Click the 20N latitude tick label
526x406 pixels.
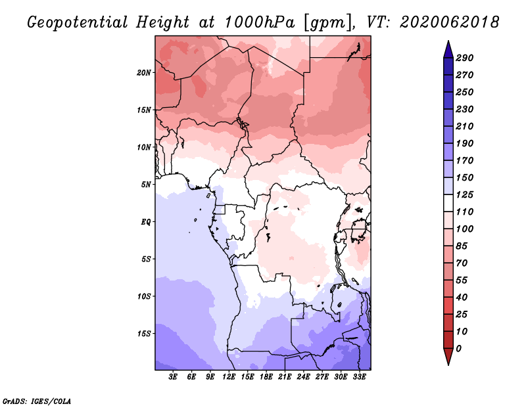[143, 73]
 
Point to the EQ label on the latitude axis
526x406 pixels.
[146, 222]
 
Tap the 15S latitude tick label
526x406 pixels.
[143, 334]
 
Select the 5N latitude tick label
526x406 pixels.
[146, 185]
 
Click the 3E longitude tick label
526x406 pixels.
[173, 377]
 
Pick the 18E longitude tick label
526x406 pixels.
[266, 377]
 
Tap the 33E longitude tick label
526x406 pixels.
[359, 377]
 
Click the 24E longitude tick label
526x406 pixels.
[303, 377]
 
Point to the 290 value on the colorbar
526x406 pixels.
[465, 58]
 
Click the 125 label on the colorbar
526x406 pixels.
[465, 194]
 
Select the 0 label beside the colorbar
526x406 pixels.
[458, 349]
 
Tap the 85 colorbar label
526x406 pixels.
[462, 246]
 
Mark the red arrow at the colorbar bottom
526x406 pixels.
[448, 357]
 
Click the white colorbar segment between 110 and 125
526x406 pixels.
[448, 203]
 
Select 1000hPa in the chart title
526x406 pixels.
[260, 22]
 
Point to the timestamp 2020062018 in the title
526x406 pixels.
[450, 22]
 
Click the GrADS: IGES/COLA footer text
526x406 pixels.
[37, 401]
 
